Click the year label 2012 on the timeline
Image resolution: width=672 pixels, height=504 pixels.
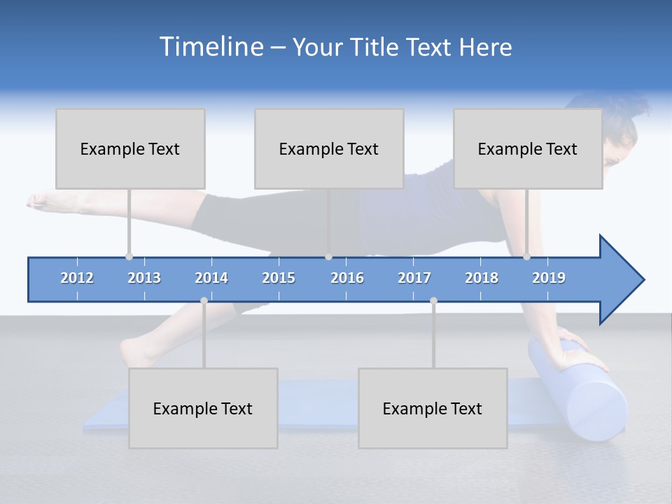pyautogui.click(x=77, y=278)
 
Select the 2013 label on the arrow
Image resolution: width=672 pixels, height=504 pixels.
pyautogui.click(x=144, y=278)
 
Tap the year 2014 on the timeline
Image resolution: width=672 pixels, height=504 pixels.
pyautogui.click(x=211, y=278)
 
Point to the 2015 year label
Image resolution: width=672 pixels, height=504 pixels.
pyautogui.click(x=279, y=278)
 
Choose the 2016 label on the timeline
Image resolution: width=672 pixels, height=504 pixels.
pyautogui.click(x=347, y=278)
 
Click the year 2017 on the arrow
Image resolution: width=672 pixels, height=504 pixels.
pyautogui.click(x=414, y=278)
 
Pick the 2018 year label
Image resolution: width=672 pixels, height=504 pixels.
pyautogui.click(x=482, y=278)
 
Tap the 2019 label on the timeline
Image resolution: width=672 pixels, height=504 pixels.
pyautogui.click(x=549, y=278)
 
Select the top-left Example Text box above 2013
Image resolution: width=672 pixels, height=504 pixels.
pyautogui.click(x=130, y=148)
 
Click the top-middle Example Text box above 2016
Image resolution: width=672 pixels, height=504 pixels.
pyautogui.click(x=329, y=148)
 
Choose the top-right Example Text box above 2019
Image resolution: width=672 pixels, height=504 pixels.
pyautogui.click(x=528, y=148)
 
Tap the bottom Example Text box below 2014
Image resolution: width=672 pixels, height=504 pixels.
pyautogui.click(x=203, y=408)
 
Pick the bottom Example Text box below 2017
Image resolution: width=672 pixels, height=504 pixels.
pyautogui.click(x=433, y=408)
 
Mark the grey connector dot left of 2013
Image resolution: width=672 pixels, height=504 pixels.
pyautogui.click(x=129, y=257)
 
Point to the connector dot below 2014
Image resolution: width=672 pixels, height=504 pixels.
pyautogui.click(x=204, y=300)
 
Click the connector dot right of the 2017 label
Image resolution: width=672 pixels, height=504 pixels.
pyautogui.click(x=433, y=300)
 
